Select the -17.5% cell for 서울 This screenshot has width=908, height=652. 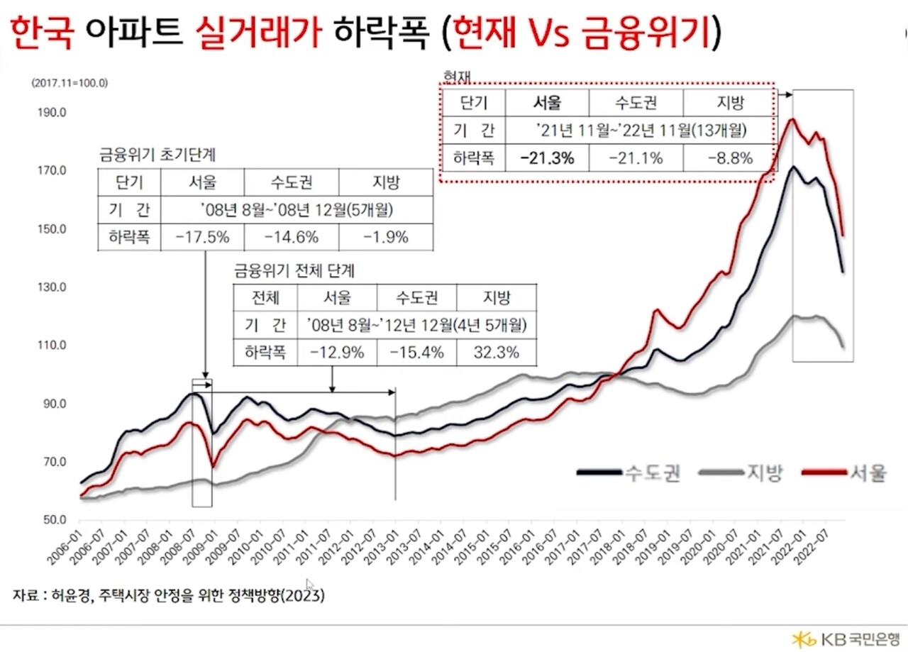(202, 238)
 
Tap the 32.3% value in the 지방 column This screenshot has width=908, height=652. (497, 352)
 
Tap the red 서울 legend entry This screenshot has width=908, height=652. (844, 473)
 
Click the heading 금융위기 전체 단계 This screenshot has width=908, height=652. (294, 271)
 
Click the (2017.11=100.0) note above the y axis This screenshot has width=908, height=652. (69, 82)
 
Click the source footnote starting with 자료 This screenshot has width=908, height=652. (168, 596)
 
